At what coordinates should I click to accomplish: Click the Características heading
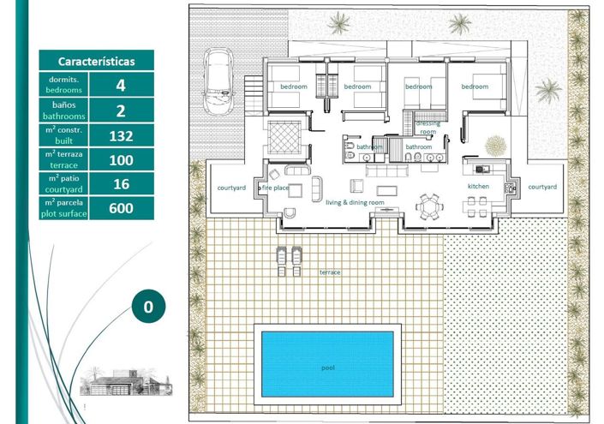pyautogui.click(x=96, y=62)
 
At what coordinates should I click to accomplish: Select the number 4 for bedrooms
pyautogui.click(x=121, y=85)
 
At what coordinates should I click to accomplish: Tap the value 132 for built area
pyautogui.click(x=121, y=135)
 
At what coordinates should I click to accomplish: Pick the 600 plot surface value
pyautogui.click(x=121, y=208)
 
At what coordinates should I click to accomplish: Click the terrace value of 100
pyautogui.click(x=121, y=159)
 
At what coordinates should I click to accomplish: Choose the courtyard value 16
pyautogui.click(x=121, y=184)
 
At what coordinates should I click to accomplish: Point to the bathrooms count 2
pyautogui.click(x=121, y=110)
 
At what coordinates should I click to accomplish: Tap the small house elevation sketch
pyautogui.click(x=111, y=382)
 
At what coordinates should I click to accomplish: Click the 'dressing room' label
pyautogui.click(x=428, y=128)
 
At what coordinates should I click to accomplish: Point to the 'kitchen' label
pyautogui.click(x=478, y=186)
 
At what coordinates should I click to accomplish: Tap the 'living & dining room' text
pyautogui.click(x=354, y=203)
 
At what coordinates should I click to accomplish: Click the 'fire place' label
pyautogui.click(x=276, y=187)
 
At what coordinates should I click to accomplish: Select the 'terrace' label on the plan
pyautogui.click(x=330, y=272)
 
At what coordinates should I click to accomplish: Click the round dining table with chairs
pyautogui.click(x=428, y=206)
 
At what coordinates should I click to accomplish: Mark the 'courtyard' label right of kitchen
pyautogui.click(x=541, y=187)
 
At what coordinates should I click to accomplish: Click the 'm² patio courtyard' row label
pyautogui.click(x=63, y=184)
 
